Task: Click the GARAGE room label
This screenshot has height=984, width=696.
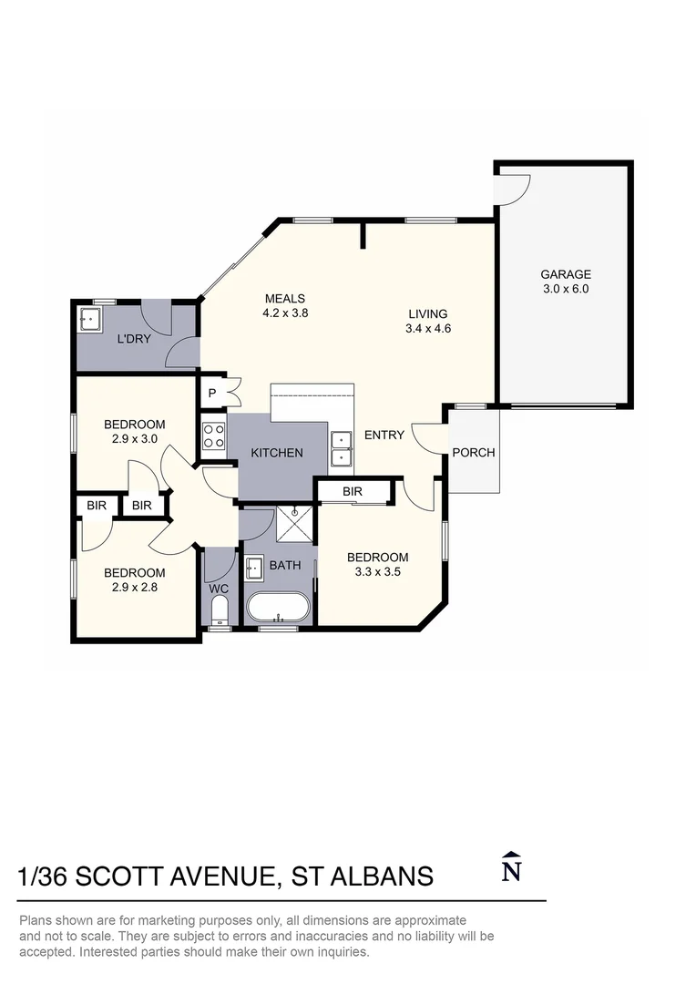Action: point(565,274)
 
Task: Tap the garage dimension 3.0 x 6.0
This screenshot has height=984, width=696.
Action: point(565,289)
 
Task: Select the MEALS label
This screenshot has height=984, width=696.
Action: point(284,299)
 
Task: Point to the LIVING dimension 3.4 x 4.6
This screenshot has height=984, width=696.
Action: point(428,329)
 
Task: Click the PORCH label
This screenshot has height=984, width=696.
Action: point(474,453)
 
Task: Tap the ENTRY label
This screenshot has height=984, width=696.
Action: point(384,436)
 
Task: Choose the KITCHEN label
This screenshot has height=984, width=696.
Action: point(277,453)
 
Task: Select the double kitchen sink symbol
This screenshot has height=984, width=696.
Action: point(342,449)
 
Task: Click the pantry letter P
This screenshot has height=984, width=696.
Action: point(211,393)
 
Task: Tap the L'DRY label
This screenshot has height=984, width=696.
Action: point(133,340)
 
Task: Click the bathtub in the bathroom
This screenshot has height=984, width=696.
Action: point(278,606)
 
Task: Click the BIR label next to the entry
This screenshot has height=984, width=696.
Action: point(353,492)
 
